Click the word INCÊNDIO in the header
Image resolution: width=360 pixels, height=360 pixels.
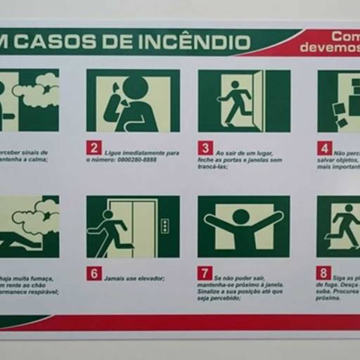point(198,42)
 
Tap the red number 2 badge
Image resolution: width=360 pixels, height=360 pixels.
point(94,148)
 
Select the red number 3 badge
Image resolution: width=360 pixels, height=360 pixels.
point(205,148)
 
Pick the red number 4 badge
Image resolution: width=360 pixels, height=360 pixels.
point(325,148)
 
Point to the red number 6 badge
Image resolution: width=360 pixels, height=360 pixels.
point(94,274)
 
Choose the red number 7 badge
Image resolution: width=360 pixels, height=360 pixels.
point(205,274)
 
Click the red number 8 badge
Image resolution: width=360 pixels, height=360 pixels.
point(324,274)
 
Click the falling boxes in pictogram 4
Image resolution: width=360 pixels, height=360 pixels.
point(340,115)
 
